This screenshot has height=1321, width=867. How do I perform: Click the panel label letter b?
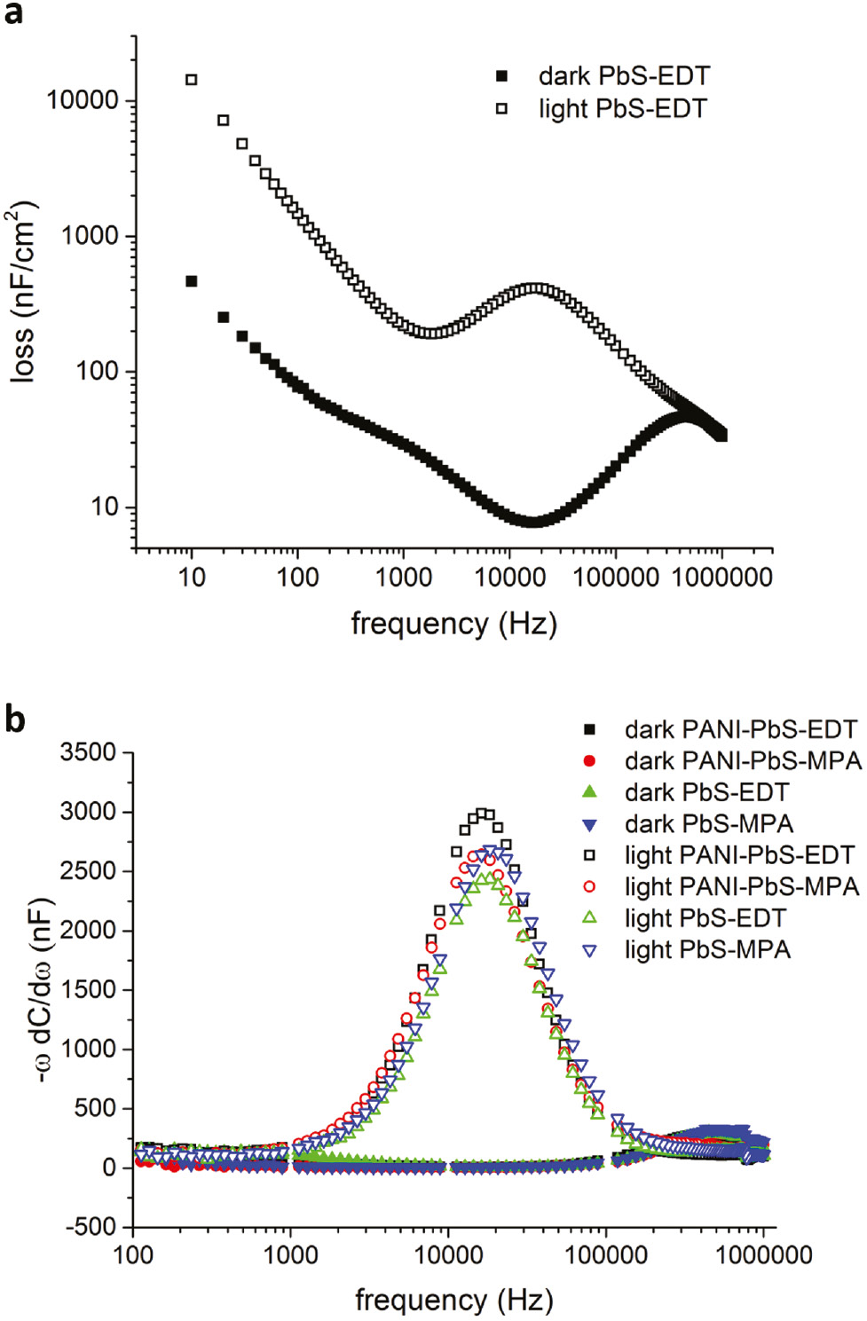pos(14,719)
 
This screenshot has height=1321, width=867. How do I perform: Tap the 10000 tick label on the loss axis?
pos(83,100)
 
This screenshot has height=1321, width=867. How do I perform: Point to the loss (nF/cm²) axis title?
pos(23,293)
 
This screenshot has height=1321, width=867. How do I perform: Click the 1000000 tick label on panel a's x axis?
pos(721,578)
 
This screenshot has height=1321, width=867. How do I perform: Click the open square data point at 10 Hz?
pos(191,80)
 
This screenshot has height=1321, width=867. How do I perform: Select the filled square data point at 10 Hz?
pos(191,281)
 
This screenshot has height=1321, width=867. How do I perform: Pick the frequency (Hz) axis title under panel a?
pos(453,624)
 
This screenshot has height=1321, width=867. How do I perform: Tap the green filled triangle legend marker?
pos(589,792)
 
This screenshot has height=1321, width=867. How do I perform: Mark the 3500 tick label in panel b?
pos(88,752)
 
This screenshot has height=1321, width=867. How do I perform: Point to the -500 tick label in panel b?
pos(91,1227)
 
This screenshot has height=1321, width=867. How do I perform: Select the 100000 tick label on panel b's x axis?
pos(606,1255)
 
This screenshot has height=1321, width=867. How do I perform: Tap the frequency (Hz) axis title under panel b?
pos(453,1301)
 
